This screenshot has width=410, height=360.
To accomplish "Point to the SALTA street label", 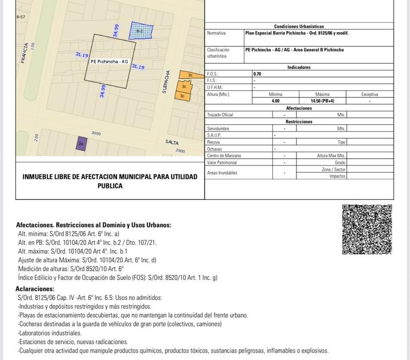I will coord(172,143).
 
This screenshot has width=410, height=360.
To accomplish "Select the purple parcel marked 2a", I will coord(81,144).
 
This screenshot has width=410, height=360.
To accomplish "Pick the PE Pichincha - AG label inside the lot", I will coord(109,61).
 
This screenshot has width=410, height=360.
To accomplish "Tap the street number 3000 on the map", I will coord(96,133).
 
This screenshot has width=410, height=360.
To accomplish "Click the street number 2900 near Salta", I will coord(180,150).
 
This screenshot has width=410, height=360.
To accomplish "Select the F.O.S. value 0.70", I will coord(257,73).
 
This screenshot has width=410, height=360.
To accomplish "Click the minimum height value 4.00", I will coord(275,101).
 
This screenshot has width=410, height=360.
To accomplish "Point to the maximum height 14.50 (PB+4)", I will coord(323,101).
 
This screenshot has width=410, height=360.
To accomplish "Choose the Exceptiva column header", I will coord(369,94).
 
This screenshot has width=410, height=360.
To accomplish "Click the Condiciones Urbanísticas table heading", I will coord(299,27).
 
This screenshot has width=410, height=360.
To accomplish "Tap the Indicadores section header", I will coord(299,67).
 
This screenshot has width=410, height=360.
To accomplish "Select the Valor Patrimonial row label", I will coord(222,162).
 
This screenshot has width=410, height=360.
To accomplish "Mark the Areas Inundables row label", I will coord(222,173).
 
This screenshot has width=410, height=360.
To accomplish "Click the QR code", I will coord(367,229).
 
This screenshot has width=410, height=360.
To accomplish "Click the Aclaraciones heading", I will coord(35,289).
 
